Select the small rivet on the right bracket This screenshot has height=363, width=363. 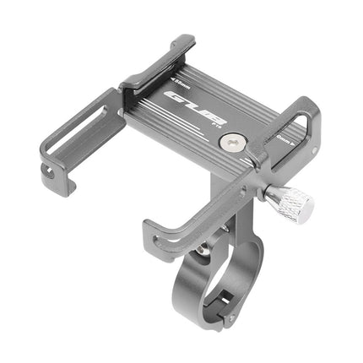click(x=315, y=152)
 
